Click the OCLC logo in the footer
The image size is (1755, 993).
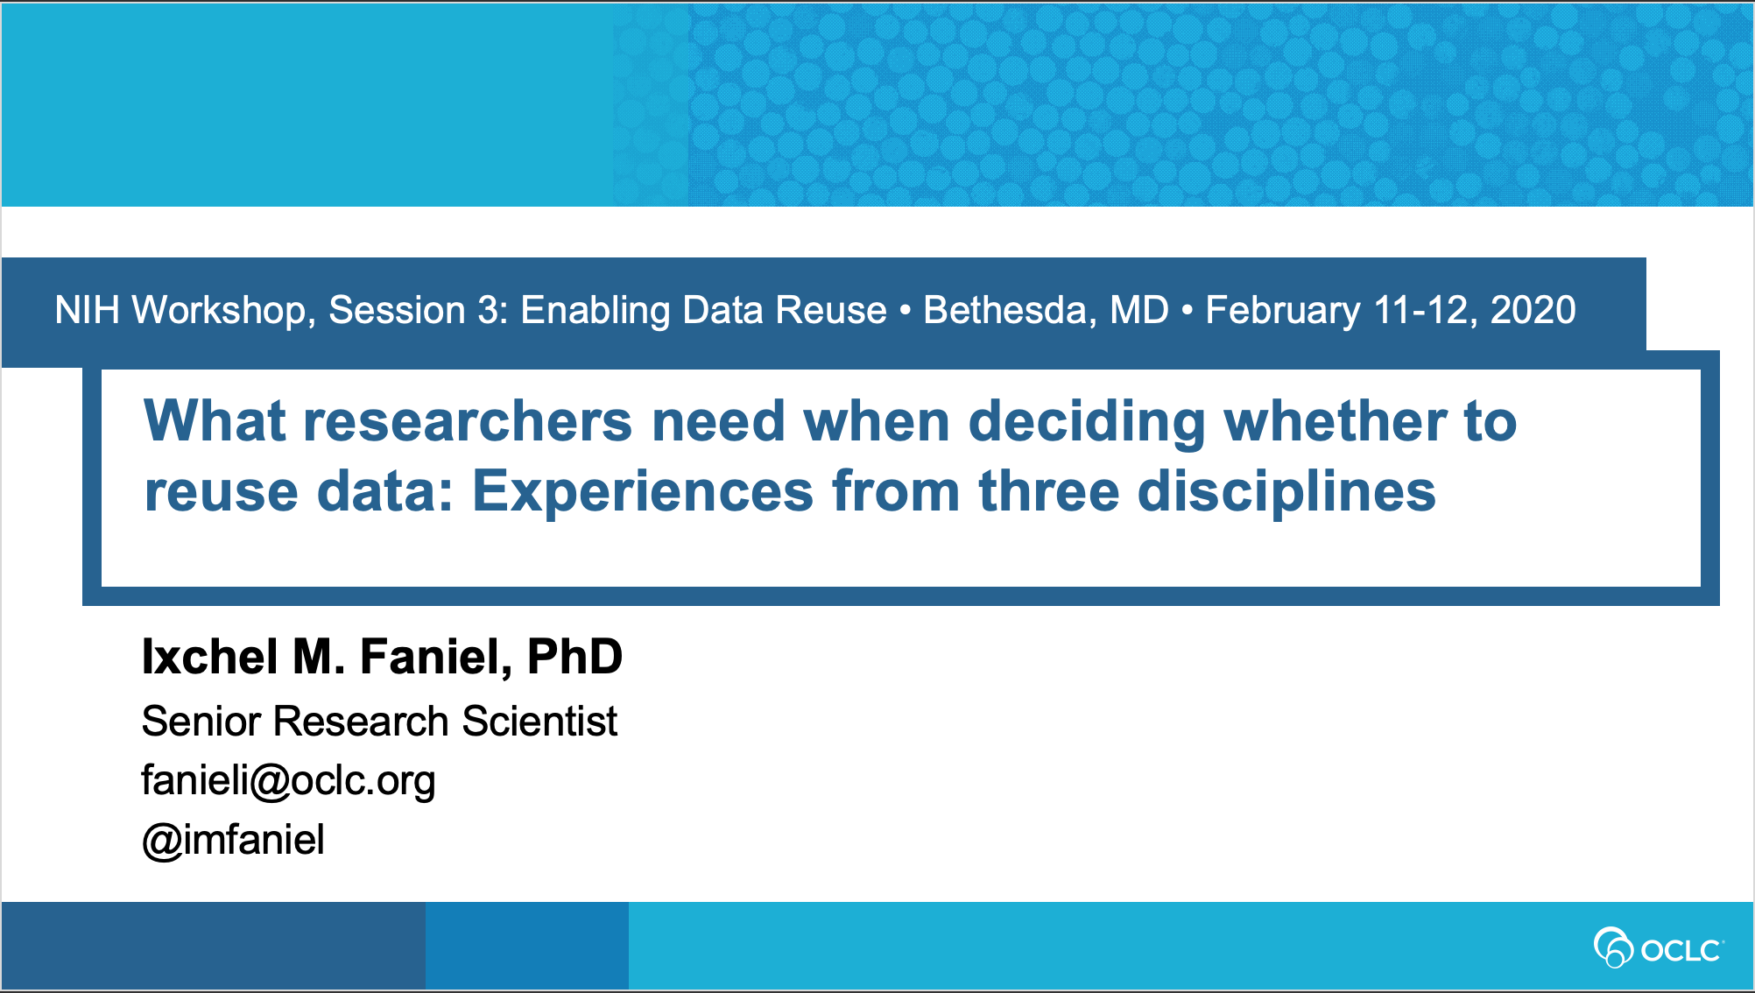(1658, 948)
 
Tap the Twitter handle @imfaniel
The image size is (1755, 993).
(233, 840)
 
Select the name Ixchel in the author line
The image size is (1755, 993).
(210, 656)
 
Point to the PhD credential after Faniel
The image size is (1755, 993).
(574, 656)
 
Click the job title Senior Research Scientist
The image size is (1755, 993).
(379, 722)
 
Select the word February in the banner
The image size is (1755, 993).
(1283, 311)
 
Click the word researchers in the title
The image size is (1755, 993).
(468, 421)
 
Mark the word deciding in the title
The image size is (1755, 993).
(1087, 422)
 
